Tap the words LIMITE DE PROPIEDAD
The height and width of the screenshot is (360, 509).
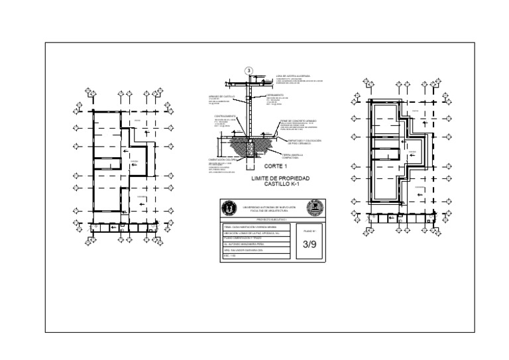coord(280,179)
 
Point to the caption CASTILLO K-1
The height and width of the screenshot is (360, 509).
coord(281,186)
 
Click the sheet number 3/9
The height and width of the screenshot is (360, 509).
coord(310,245)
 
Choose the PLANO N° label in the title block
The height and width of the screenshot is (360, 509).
coord(310,231)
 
